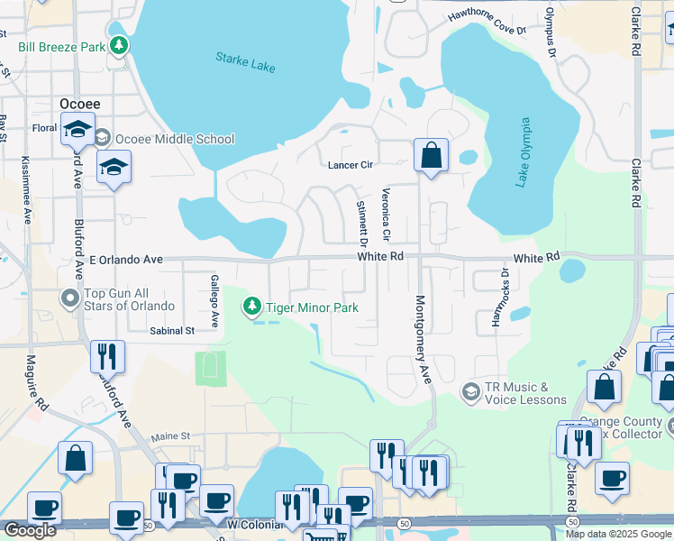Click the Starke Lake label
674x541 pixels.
coord(245,62)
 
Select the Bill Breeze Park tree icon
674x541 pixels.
coord(119,45)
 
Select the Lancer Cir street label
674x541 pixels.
coord(350,165)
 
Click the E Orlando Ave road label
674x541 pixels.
coord(126,260)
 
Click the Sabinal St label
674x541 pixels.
coord(172,331)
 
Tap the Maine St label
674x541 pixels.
coord(170,436)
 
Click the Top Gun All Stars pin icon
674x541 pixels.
coord(69,298)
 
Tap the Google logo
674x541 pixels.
coord(30,529)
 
